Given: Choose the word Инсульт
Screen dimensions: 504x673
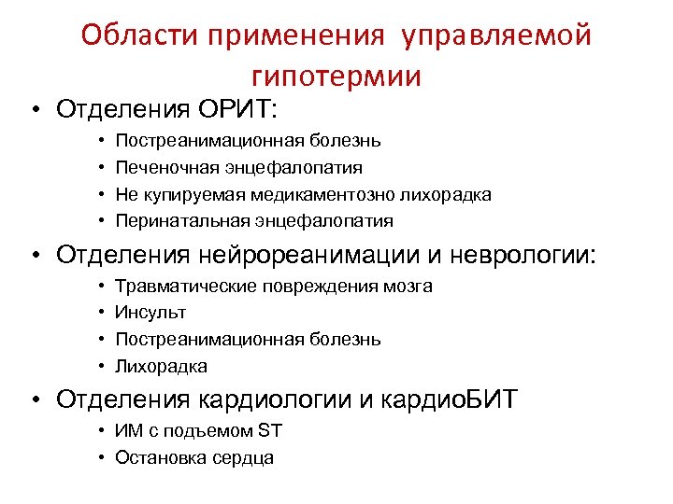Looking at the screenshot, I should pyautogui.click(x=150, y=313).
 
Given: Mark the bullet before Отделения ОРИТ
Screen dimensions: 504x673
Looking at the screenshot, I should pyautogui.click(x=35, y=110).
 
